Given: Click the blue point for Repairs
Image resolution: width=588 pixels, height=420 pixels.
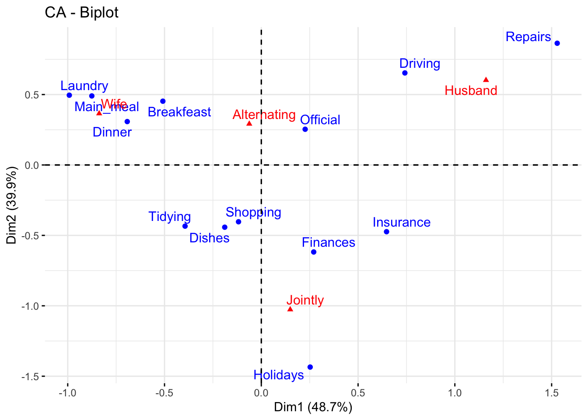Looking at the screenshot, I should coord(557,43).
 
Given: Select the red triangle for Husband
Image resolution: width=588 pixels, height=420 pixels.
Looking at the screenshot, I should coord(486,80).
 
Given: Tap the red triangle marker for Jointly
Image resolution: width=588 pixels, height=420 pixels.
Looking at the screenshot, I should coord(290,309).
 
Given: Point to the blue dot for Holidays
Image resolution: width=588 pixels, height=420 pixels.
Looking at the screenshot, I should coord(310,367).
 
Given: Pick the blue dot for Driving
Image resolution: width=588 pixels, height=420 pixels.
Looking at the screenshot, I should coord(405,73).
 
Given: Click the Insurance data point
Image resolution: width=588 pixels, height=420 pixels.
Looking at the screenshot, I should coord(386,232).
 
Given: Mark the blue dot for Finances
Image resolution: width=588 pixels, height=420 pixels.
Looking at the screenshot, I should coord(314,252).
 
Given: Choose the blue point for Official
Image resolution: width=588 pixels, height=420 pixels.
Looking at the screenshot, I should coord(305,129).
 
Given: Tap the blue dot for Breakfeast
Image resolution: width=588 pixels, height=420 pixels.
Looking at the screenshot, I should coord(163,101).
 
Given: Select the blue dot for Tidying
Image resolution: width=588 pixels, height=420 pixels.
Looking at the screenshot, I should coord(185,226).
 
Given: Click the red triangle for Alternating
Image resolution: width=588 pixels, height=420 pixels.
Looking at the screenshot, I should coord(249,123).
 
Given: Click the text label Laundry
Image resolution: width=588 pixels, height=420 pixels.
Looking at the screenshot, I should coord(84,86).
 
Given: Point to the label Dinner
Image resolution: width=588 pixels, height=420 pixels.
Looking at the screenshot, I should coord(112,132).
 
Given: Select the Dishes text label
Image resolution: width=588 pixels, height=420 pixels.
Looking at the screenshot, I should coord(209,238).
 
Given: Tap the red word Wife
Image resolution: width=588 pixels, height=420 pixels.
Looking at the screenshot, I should coord(114,104).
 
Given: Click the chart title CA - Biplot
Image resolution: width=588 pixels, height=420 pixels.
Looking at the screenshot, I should coord(81,13).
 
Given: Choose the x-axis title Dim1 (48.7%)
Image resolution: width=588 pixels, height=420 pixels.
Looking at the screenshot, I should coord(313,407).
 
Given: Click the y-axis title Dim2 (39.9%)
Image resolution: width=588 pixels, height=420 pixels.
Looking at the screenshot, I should coord(11,205).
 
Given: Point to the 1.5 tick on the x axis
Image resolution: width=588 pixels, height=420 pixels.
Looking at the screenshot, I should coord(552,393).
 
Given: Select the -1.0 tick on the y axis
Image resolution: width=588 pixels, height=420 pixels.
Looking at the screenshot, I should coord(31,306).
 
